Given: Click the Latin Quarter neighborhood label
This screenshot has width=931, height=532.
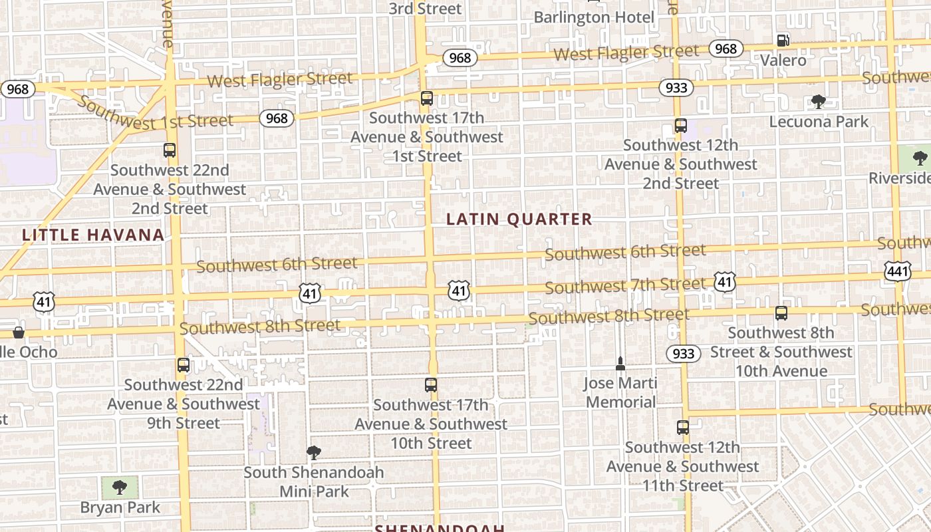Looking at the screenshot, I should (519, 219).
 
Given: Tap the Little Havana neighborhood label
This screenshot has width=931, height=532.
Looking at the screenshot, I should (93, 235).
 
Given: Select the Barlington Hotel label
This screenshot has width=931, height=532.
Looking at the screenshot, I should (594, 17).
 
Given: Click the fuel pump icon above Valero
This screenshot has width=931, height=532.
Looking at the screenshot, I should (783, 40).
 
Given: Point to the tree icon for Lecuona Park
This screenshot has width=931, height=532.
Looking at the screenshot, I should (818, 102).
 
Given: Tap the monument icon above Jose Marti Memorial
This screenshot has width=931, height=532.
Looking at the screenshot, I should (620, 363).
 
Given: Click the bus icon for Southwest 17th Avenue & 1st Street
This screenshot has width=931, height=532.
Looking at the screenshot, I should (427, 98).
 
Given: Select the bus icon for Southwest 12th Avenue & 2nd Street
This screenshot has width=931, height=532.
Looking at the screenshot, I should (680, 126).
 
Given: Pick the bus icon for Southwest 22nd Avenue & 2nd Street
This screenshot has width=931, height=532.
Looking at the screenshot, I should (170, 150).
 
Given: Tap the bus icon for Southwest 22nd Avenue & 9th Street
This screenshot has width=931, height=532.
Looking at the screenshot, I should (183, 365).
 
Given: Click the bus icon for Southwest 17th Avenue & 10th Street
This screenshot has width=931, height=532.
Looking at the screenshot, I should (431, 385).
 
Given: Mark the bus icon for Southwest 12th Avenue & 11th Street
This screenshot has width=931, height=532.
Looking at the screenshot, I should (683, 428).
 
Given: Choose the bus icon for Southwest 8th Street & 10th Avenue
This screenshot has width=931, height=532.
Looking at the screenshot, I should (781, 313).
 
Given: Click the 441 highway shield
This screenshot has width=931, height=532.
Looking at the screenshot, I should (898, 271).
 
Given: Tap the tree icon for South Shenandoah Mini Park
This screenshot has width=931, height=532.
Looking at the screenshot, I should (314, 454).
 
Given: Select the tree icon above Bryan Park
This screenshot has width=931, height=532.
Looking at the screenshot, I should (120, 487).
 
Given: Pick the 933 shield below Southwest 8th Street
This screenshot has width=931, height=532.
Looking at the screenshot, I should (684, 353).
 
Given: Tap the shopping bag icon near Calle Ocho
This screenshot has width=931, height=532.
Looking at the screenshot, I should (19, 332).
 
